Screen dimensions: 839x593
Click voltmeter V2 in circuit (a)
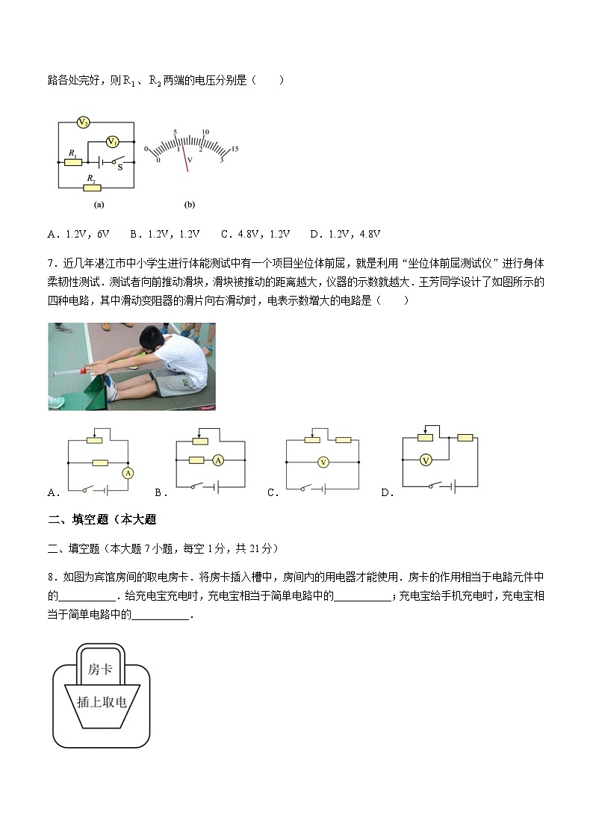pyautogui.click(x=84, y=122)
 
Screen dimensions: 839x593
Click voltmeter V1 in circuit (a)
pyautogui.click(x=111, y=141)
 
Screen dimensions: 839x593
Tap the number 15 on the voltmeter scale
pyautogui.click(x=235, y=149)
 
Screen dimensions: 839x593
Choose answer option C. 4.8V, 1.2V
pyautogui.click(x=255, y=234)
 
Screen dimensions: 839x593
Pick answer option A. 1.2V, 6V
pyautogui.click(x=78, y=234)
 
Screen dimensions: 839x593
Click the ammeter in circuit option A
pyautogui.click(x=128, y=474)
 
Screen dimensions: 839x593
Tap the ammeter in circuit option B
pyautogui.click(x=218, y=460)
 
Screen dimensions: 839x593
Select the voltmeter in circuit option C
pyautogui.click(x=323, y=462)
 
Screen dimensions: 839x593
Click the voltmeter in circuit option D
pyautogui.click(x=425, y=460)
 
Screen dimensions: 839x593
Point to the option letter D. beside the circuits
pyautogui.click(x=387, y=492)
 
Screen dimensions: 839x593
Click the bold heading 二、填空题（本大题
pyautogui.click(x=102, y=520)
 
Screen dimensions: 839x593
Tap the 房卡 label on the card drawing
pyautogui.click(x=100, y=669)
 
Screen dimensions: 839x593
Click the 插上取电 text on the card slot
pyautogui.click(x=102, y=702)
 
